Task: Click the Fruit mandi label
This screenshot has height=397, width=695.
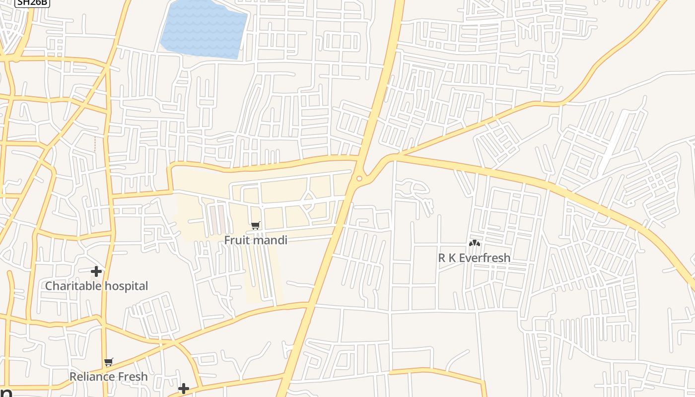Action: point(256,240)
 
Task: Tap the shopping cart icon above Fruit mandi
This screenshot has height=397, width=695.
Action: point(256,226)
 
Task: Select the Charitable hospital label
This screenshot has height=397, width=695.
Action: point(96,286)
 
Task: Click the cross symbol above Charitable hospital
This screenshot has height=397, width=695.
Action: point(96,271)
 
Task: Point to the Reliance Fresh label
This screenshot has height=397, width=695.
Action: point(109,377)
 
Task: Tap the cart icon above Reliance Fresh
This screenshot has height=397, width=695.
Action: point(109,362)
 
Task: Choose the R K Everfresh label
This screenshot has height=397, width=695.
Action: point(474,258)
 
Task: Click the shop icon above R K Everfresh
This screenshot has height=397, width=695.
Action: point(475,243)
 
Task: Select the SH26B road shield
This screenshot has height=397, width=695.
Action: point(32,2)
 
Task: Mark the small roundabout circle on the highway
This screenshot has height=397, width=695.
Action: point(359,178)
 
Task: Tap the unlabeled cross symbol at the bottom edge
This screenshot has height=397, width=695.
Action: point(184,389)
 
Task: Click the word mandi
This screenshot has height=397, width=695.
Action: point(271,240)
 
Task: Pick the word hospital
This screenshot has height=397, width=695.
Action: point(126,286)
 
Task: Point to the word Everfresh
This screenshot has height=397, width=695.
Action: point(485,258)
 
